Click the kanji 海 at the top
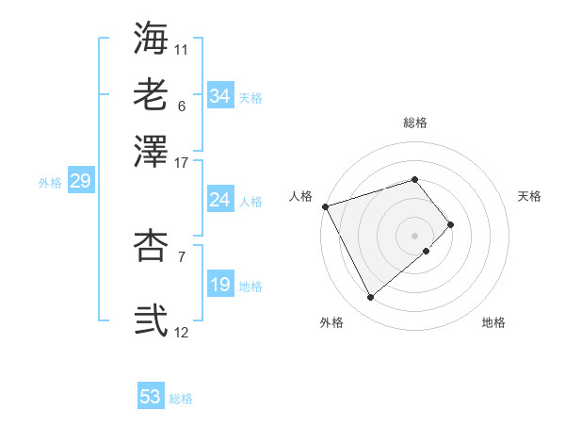(x=151, y=38)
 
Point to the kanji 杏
(x=151, y=246)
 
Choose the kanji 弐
(x=151, y=320)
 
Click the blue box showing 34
(x=219, y=96)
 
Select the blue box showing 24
(x=219, y=200)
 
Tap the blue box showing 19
(x=219, y=285)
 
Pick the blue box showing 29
(x=80, y=182)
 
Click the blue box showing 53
(x=151, y=397)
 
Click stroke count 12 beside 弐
(x=182, y=332)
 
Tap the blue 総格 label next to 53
(x=181, y=399)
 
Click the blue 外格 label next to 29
(x=50, y=183)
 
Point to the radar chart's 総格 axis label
(x=414, y=123)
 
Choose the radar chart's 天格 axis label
(x=529, y=196)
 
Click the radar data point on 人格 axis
(x=325, y=205)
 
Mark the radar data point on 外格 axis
(x=371, y=298)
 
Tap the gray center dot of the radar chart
(x=414, y=235)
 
